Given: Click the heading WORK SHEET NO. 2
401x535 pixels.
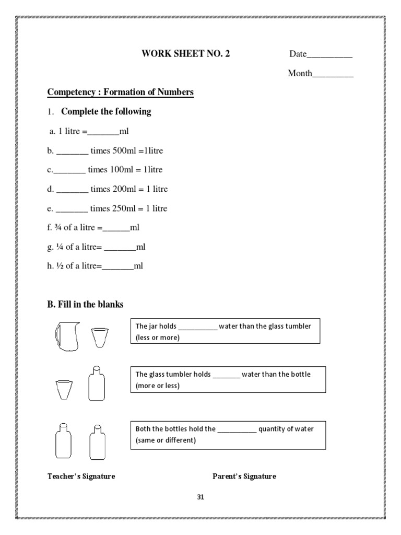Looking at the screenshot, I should (185, 54).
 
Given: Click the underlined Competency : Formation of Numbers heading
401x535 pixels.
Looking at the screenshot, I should (121, 92).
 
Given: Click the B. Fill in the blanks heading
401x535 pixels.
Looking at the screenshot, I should (86, 304).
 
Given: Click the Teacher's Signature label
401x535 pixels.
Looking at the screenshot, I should (81, 476).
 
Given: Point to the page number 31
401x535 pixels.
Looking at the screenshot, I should (200, 497).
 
